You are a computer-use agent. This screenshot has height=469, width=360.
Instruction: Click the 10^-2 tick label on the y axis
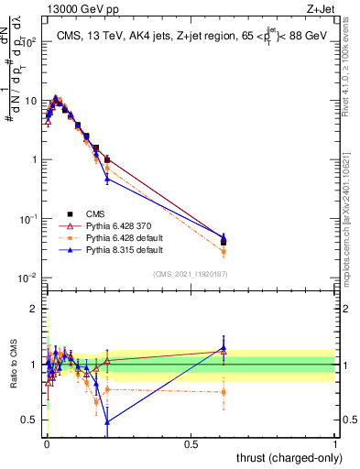click(x=27, y=278)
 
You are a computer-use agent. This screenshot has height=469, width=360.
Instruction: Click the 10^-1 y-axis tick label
click(x=27, y=219)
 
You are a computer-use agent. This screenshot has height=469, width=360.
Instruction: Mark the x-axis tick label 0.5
click(x=191, y=443)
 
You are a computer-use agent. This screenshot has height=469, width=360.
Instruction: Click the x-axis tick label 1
click(x=335, y=443)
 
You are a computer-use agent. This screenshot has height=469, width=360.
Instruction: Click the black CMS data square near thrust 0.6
click(x=224, y=243)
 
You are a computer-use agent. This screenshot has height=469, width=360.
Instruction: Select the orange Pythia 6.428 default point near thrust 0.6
click(x=224, y=252)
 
